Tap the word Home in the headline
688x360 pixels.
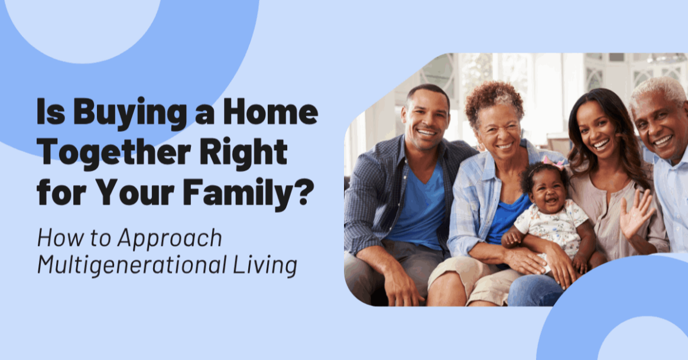[x=270, y=112]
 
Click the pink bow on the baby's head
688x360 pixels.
[x=553, y=162]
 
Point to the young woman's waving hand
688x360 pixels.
[x=636, y=214]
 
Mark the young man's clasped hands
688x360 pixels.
[x=404, y=287]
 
